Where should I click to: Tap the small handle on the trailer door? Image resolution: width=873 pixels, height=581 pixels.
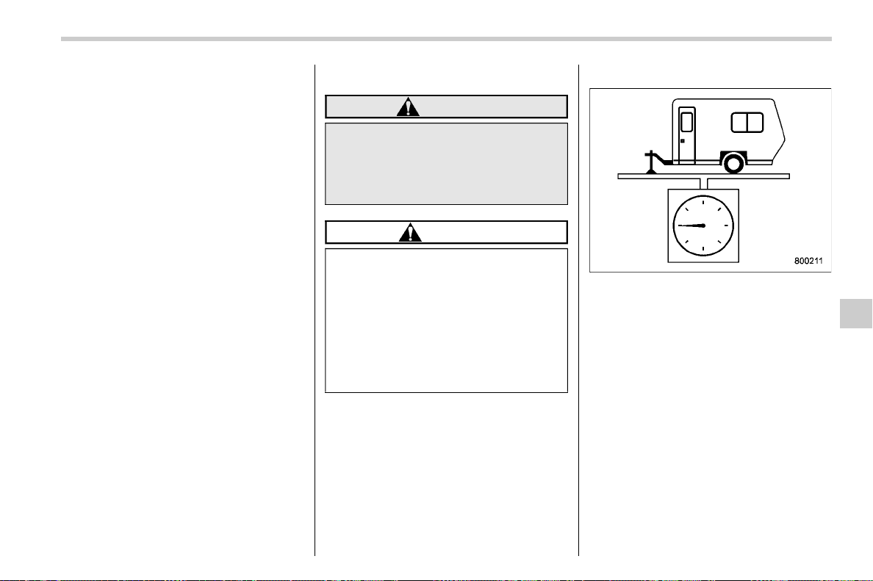pos(683,141)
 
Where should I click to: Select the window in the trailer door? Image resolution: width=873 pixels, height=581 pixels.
pos(687,122)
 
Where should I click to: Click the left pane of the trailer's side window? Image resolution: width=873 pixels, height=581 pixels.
pos(739,123)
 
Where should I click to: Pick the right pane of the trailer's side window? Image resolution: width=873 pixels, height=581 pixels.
pos(755,123)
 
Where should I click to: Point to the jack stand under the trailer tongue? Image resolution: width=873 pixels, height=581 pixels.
pos(651,162)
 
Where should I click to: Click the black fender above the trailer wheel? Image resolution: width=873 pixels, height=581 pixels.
pos(733,154)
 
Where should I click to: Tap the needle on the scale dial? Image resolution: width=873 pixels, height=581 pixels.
pos(690,225)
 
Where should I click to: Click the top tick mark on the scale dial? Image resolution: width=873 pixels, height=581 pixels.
pos(703,203)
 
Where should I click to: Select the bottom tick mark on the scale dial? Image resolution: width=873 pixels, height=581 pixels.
pos(703,248)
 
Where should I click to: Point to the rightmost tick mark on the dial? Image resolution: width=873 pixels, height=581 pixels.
pos(726,225)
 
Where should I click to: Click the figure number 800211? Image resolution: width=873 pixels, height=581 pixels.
pos(808,261)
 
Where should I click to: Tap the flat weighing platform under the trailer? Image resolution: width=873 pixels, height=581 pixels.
pos(704,176)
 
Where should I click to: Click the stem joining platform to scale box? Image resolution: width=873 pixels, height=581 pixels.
pos(704,184)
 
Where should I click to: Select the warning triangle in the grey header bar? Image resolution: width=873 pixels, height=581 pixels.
pos(408,107)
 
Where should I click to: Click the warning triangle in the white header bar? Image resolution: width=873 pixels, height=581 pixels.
pos(410,233)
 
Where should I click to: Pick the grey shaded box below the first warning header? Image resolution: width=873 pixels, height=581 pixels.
pos(447,164)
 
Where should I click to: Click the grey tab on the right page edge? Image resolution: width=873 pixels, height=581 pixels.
pos(856,314)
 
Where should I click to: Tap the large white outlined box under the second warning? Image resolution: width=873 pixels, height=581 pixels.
pos(447,320)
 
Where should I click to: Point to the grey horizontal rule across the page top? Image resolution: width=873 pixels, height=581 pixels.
pos(446,39)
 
